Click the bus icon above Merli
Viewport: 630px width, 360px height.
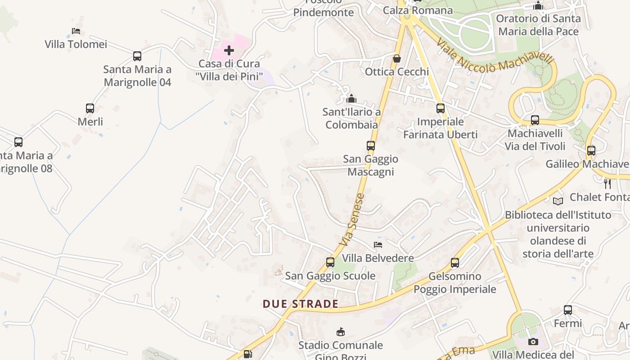coord(90,108)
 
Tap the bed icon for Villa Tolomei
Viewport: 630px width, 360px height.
coord(76,31)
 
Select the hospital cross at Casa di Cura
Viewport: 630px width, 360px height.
coord(229,50)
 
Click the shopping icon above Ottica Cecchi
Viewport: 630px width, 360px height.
coord(396,58)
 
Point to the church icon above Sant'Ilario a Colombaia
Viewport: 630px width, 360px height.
coord(351,99)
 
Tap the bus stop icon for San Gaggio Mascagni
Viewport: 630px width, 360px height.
coord(371,146)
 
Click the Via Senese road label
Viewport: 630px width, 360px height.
coord(352,220)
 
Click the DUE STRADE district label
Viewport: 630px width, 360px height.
coord(301,304)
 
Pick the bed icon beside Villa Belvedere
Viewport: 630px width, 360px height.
coord(378,245)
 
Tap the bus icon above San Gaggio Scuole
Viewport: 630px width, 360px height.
coord(330,262)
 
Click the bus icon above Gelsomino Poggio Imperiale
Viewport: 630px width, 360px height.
coord(455,263)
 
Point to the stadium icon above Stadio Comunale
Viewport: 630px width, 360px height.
coord(341,332)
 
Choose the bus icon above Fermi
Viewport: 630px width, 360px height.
coord(568,310)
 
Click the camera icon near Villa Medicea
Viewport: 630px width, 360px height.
coord(533,342)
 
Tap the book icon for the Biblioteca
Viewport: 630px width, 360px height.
coord(558,201)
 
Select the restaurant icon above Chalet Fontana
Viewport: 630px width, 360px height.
coord(607,183)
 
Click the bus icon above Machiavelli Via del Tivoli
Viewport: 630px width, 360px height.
coord(535,120)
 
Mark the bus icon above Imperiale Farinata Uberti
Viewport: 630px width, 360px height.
coord(441,108)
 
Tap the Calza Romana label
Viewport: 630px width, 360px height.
coord(418,10)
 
